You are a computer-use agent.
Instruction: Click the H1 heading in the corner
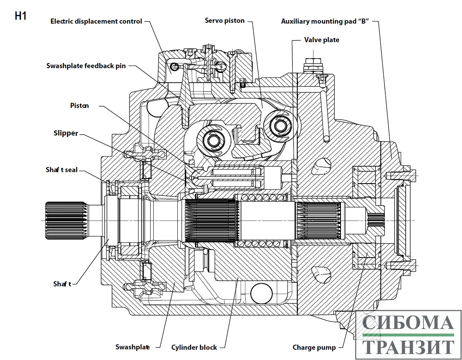point(20,16)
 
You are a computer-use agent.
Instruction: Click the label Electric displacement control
point(96,21)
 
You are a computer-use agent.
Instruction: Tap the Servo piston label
point(225,20)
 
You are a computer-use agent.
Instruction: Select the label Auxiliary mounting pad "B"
point(325,21)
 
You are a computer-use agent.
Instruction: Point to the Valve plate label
point(322,40)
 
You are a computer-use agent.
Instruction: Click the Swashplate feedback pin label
point(86,66)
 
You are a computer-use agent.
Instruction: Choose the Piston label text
point(80,106)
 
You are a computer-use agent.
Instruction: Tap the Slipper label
point(66,133)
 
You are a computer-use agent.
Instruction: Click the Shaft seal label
point(61,170)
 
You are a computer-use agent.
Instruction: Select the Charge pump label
point(314,347)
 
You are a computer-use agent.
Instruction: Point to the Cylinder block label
point(194,347)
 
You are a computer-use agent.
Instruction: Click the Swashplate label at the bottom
point(132,347)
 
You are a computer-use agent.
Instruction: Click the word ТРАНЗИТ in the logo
point(408,347)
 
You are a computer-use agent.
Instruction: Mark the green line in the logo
point(408,335)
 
